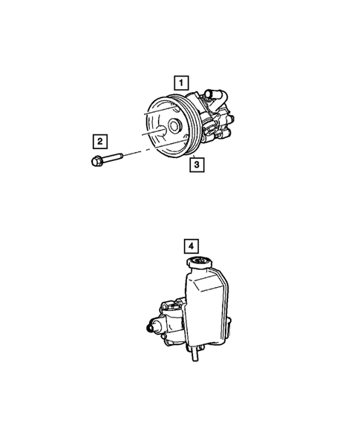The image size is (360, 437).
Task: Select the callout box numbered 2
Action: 99,139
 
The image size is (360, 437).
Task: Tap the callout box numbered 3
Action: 196,165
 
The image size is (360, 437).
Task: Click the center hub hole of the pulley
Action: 175,127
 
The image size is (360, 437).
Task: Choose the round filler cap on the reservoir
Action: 201,264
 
